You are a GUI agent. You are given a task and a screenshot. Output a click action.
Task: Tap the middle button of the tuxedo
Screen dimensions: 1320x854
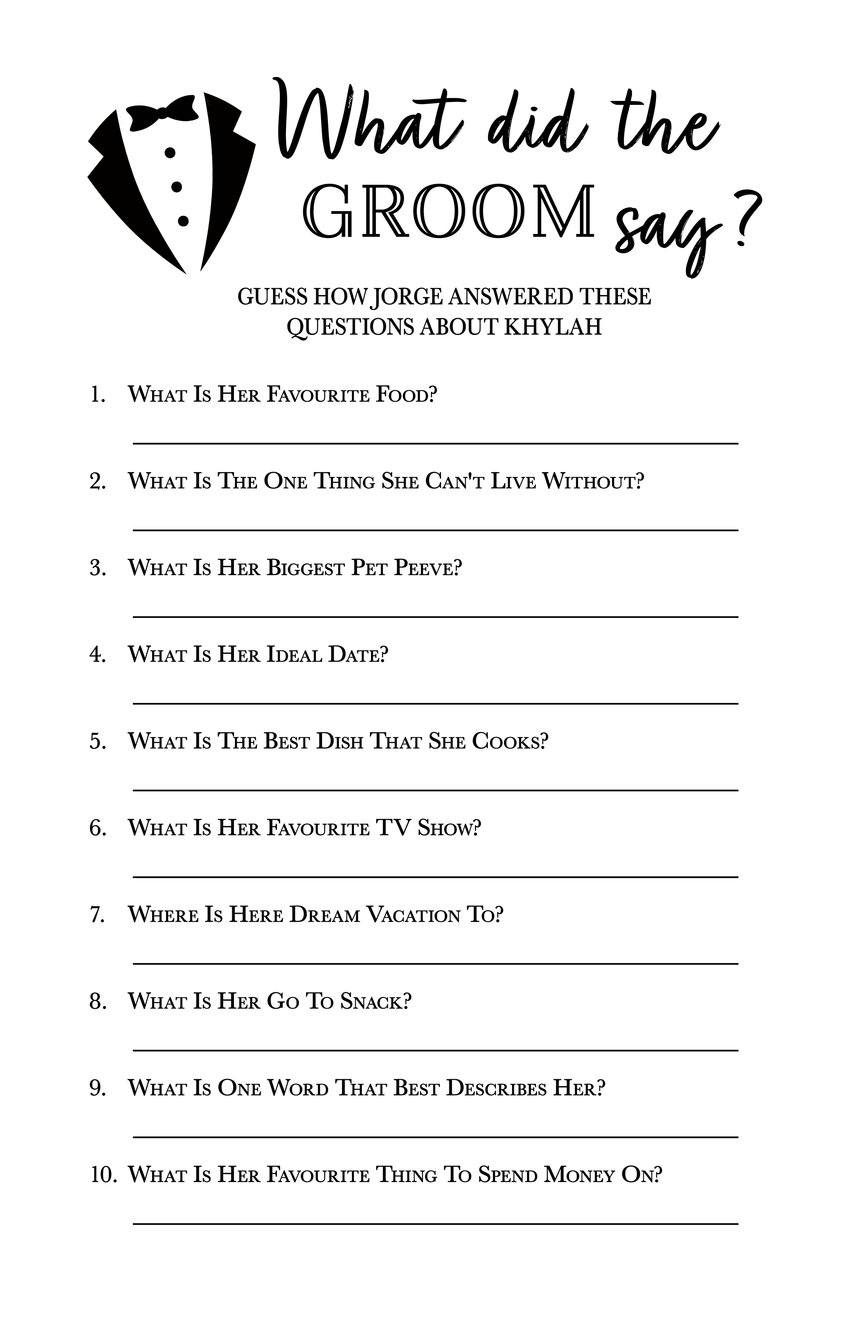click(176, 187)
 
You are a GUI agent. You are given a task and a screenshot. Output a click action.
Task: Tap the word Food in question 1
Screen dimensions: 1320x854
click(407, 395)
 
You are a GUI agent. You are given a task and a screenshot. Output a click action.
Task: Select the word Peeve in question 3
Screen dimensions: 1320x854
click(427, 568)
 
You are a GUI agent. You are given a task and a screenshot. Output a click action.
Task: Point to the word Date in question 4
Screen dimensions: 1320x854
click(358, 655)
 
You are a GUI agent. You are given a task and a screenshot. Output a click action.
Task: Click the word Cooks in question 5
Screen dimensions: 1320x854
click(510, 742)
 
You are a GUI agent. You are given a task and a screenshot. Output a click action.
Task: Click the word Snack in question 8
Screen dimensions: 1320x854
click(375, 1001)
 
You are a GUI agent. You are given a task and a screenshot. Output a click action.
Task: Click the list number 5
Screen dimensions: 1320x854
click(97, 742)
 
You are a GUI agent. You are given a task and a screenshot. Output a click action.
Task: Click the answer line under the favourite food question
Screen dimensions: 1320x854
click(435, 443)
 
